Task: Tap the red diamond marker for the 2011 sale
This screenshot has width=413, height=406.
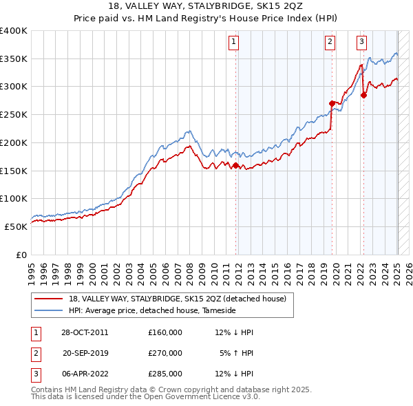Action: tap(235, 165)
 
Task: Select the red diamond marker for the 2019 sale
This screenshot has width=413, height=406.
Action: tap(332, 103)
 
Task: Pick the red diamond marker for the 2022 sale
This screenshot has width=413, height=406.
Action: tap(363, 95)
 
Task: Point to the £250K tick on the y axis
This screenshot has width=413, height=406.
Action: tap(14, 114)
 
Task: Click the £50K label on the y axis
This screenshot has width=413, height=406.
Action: tap(17, 226)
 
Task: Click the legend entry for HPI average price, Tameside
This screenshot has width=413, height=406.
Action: tap(152, 310)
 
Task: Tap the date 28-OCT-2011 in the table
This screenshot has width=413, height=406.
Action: tap(82, 332)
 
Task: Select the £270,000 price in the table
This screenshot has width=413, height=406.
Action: tap(165, 353)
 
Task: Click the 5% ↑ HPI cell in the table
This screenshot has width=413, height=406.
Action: tap(237, 353)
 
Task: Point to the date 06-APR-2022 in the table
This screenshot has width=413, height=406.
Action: tap(82, 374)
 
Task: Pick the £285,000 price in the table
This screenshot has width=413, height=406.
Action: tap(165, 374)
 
